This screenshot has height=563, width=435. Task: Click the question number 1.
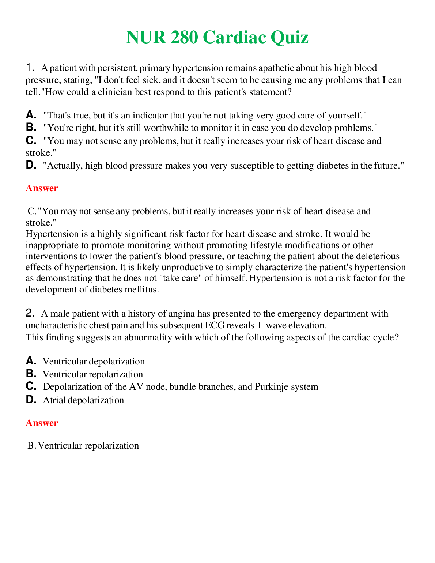click(x=30, y=67)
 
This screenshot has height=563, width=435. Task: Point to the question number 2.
click(x=30, y=313)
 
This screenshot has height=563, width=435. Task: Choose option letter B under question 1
click(x=31, y=127)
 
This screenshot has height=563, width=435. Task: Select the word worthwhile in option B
click(x=167, y=128)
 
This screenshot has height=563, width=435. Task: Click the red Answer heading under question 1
click(x=42, y=188)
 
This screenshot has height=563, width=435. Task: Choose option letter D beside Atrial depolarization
click(x=31, y=400)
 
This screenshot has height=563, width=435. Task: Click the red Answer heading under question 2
click(x=42, y=423)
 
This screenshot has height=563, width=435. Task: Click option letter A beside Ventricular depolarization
click(x=31, y=361)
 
